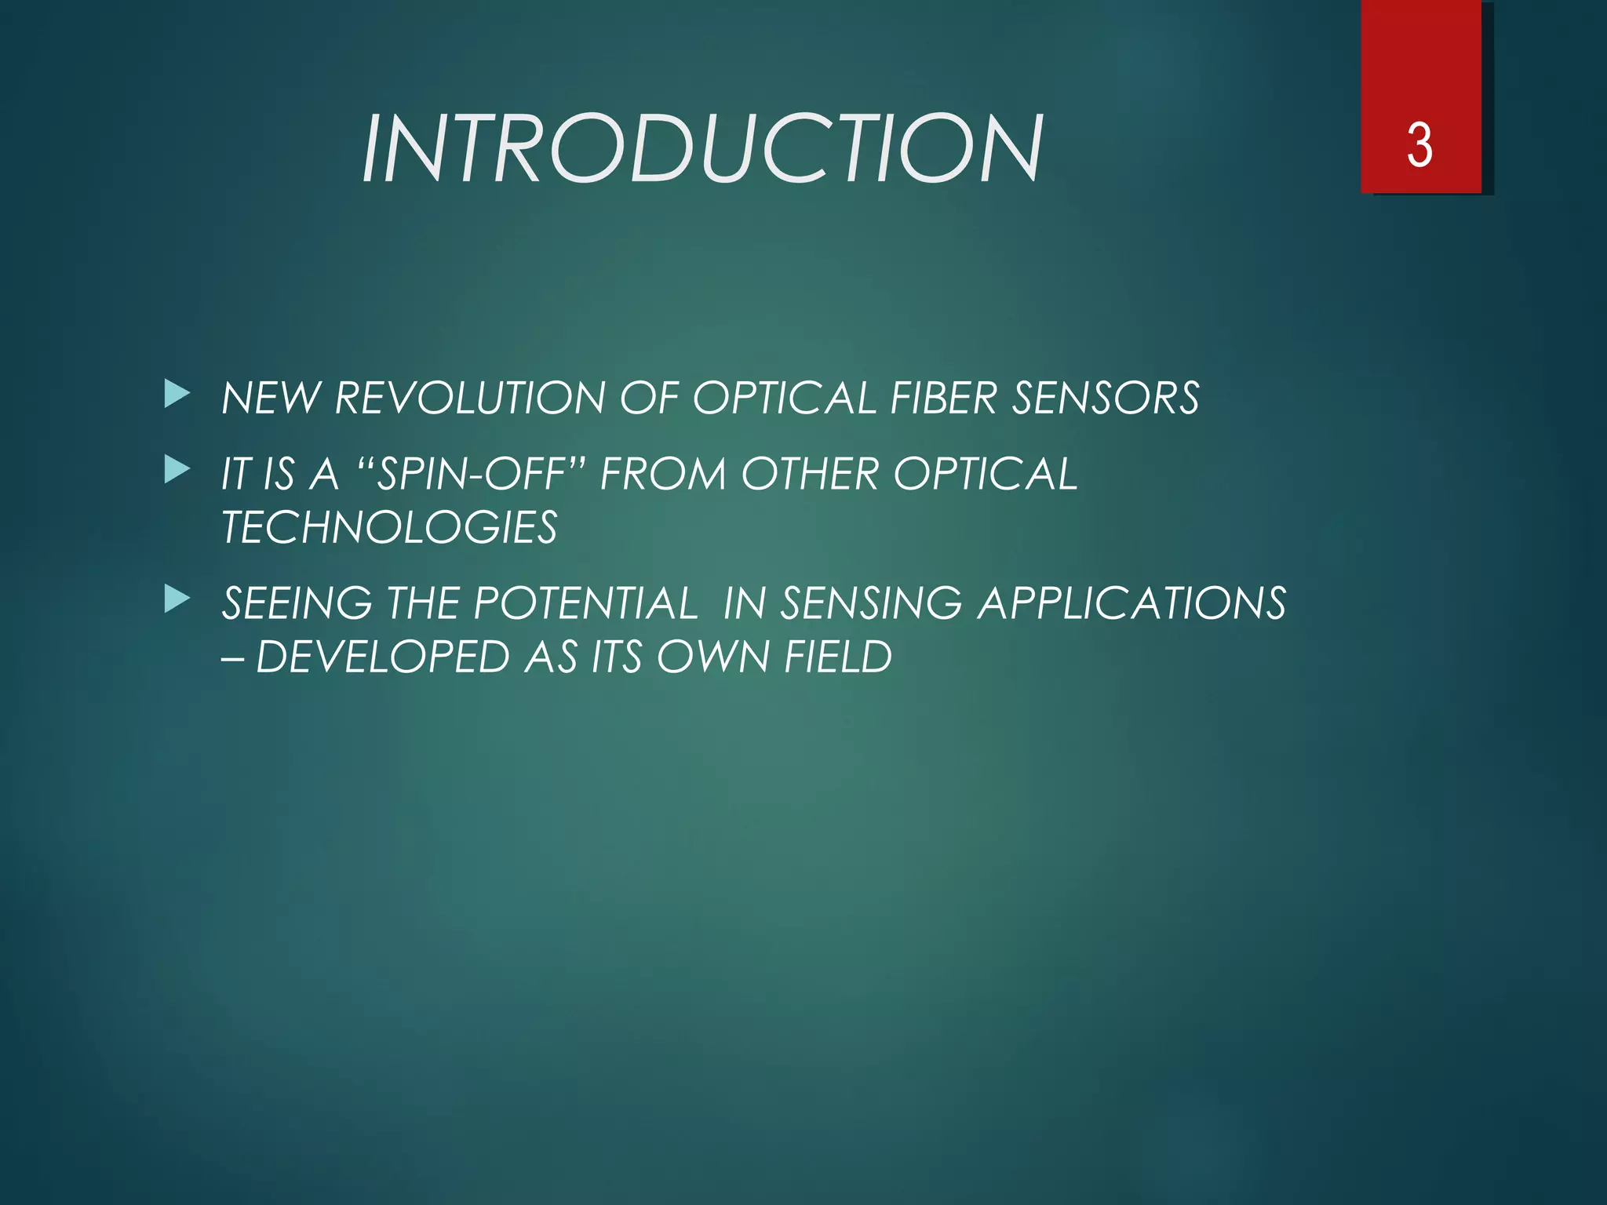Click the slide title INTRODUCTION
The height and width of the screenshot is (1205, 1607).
tap(702, 148)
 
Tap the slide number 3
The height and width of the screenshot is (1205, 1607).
tap(1419, 146)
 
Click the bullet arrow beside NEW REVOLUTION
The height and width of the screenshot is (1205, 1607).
tap(177, 395)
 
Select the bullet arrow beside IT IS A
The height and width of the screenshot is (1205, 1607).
tap(177, 471)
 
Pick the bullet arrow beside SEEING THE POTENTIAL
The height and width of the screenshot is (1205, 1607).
tap(177, 600)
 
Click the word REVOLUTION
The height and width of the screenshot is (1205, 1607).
tap(469, 398)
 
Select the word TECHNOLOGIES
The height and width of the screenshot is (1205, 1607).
tap(389, 527)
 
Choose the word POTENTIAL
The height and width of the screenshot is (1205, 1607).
tap(585, 603)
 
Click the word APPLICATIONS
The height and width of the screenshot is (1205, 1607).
tap(1131, 603)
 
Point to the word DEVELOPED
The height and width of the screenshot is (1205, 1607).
tap(383, 657)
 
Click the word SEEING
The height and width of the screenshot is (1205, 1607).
tap(297, 603)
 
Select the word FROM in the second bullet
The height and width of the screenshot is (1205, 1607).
tap(663, 474)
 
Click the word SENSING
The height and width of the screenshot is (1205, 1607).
tap(870, 603)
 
